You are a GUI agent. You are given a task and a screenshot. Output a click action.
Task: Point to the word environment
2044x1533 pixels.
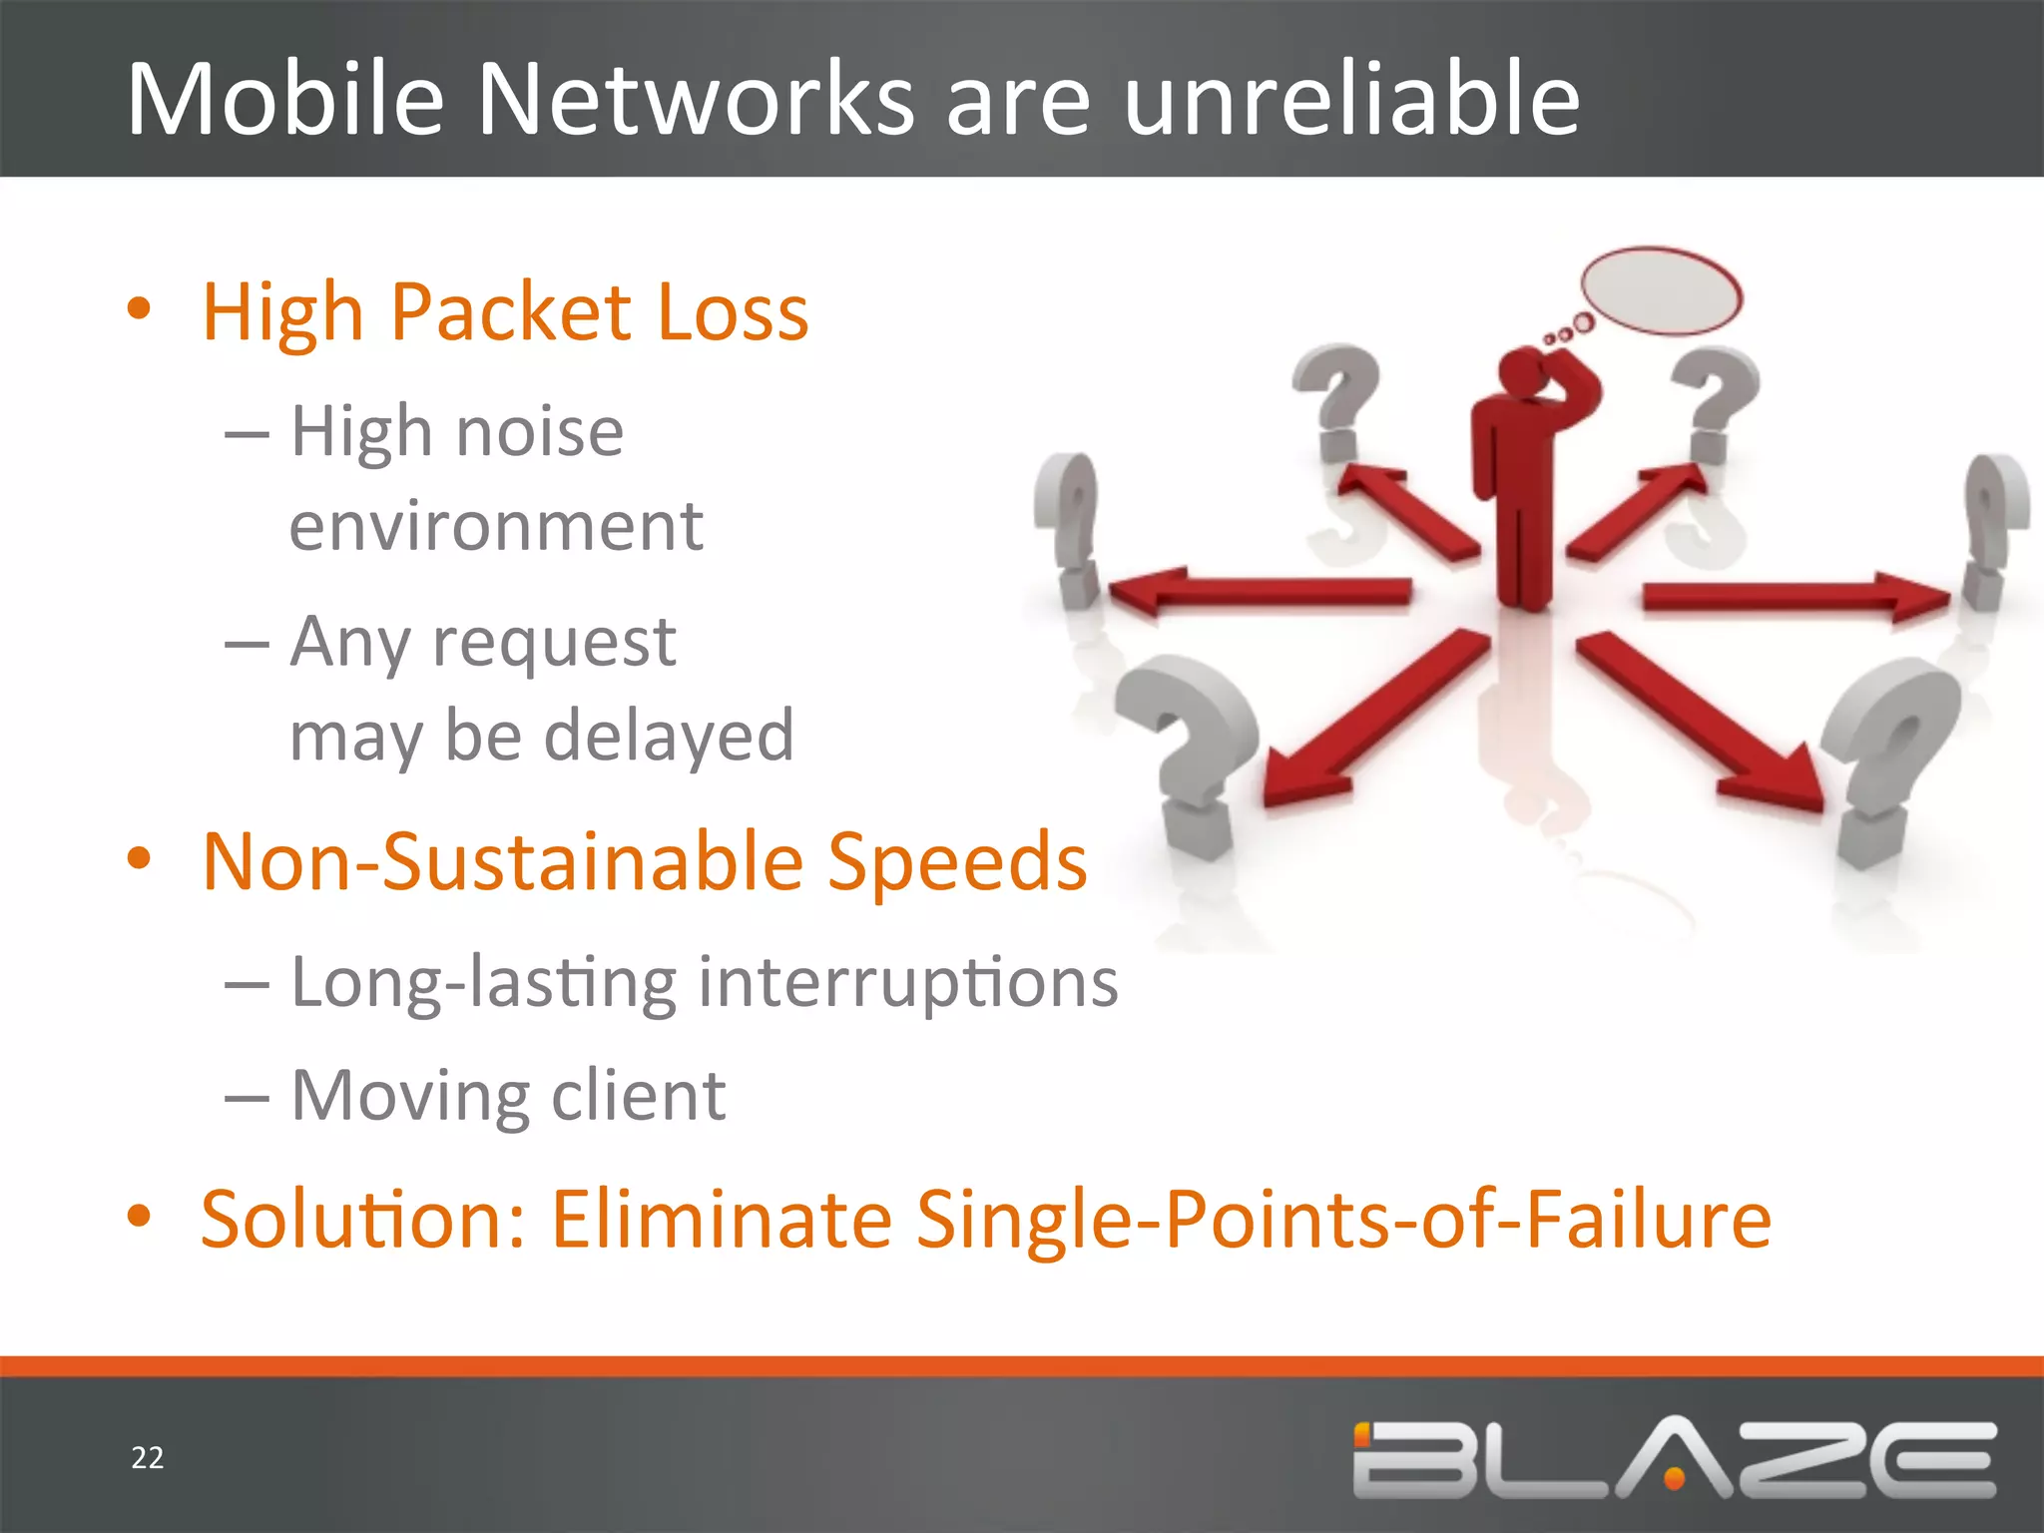pyautogui.click(x=496, y=525)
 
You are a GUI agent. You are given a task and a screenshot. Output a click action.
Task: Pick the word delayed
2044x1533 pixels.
pyautogui.click(x=669, y=736)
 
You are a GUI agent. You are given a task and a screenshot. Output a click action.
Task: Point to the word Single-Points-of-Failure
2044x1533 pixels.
pyautogui.click(x=1343, y=1219)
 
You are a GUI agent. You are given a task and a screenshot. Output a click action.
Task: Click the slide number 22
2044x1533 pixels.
pyautogui.click(x=147, y=1458)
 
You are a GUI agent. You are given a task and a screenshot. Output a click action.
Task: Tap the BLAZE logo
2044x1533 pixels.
pyautogui.click(x=1674, y=1458)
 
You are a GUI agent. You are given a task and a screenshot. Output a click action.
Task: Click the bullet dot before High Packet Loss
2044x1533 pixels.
pyautogui.click(x=139, y=308)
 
